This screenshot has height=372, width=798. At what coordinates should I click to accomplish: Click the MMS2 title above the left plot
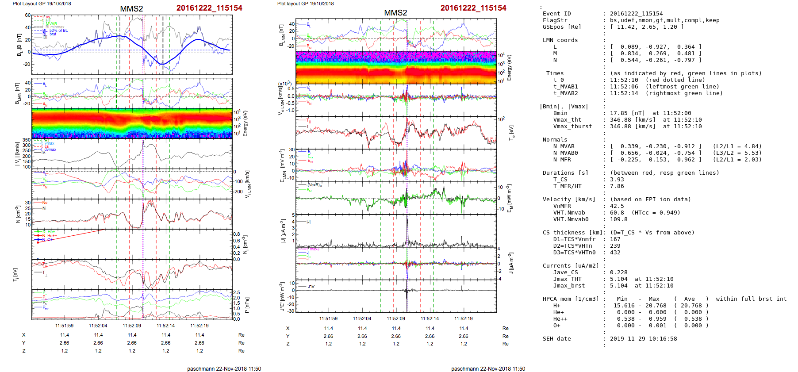tap(131, 9)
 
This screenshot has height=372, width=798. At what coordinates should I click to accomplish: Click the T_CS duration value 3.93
tap(617, 180)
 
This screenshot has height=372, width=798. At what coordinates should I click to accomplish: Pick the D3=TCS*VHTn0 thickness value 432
tap(615, 253)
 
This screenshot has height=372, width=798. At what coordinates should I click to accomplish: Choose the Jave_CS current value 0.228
tap(618, 272)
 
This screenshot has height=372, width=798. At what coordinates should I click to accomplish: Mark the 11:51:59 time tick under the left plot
tap(64, 326)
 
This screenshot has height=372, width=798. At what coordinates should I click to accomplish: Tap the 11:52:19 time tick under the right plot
tap(463, 318)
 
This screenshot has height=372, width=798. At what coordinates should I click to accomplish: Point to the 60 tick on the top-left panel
tap(28, 15)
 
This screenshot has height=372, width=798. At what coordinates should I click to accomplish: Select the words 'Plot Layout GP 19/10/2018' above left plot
tap(42, 4)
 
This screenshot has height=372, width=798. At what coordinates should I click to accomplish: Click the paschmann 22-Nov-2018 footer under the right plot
tap(488, 369)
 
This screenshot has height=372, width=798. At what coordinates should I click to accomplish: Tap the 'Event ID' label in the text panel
tap(556, 14)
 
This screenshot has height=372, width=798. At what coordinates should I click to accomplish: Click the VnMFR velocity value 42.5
tap(617, 206)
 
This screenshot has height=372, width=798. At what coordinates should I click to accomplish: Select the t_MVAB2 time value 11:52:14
tap(624, 93)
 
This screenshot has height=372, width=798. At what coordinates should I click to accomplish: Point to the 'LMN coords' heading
tap(560, 40)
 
